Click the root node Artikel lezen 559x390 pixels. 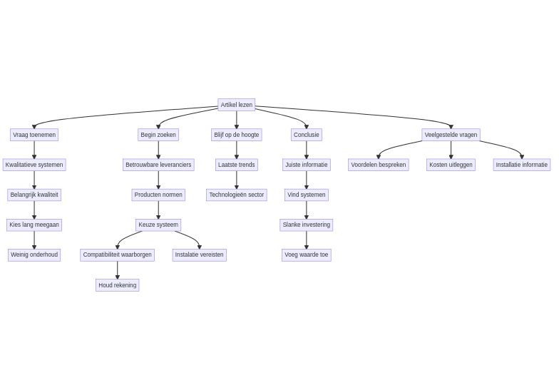point(236,105)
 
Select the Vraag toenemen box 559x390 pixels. point(34,135)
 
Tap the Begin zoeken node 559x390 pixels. point(158,135)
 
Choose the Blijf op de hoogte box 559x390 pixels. point(237,135)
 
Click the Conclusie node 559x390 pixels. point(307,135)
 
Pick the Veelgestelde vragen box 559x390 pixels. point(451,135)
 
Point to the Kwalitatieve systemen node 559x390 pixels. point(34,165)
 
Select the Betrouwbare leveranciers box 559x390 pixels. point(158,165)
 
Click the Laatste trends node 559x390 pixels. point(237,165)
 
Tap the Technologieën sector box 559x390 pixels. point(237,195)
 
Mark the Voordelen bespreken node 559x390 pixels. point(379,165)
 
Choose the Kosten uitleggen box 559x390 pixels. point(451,165)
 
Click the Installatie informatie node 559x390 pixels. point(522,165)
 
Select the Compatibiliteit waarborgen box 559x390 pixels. point(118,255)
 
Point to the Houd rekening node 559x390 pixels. point(118,285)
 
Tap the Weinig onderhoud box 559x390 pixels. point(34,255)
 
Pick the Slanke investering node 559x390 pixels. point(307,225)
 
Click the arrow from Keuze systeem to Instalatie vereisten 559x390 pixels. point(190,237)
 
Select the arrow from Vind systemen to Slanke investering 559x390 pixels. point(307,210)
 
